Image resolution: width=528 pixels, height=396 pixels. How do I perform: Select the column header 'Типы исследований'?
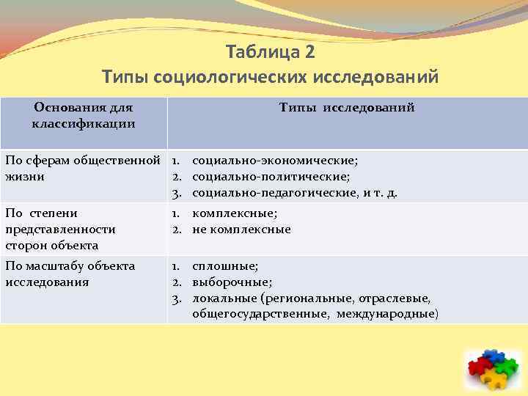pos(347,108)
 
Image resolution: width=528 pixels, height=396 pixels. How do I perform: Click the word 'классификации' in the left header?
pos(84,123)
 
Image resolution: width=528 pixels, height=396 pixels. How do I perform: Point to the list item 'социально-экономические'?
pos(275,160)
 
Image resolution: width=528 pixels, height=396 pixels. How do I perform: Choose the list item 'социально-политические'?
pos(271,177)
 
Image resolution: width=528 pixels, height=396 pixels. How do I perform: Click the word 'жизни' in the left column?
pos(24,177)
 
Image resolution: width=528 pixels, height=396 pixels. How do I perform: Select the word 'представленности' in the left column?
pos(60,230)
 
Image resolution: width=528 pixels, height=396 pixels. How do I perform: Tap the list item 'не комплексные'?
pos(241,230)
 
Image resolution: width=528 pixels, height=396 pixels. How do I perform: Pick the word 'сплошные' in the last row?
pos(224,265)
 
